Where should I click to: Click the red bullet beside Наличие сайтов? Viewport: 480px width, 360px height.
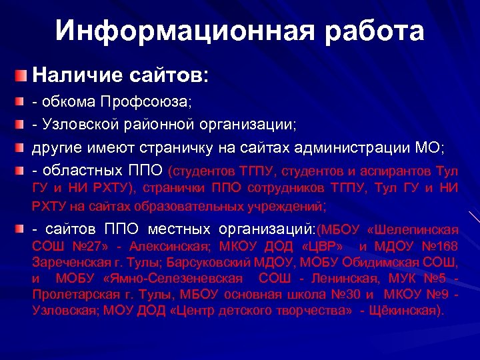point(24,75)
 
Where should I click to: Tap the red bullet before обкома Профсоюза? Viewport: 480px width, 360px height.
point(23,103)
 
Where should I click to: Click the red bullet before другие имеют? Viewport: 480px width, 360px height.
point(23,147)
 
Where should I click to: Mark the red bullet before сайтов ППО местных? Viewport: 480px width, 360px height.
point(23,229)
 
